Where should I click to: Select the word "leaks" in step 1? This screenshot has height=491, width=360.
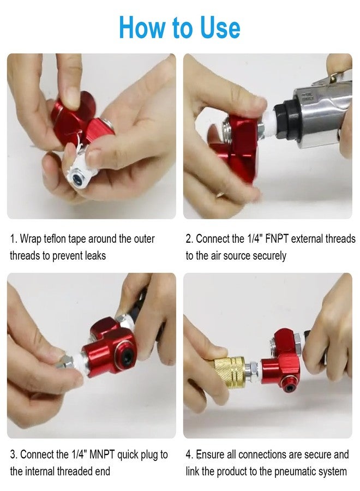(x=94, y=255)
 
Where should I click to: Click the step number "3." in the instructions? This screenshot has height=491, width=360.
(x=14, y=454)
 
